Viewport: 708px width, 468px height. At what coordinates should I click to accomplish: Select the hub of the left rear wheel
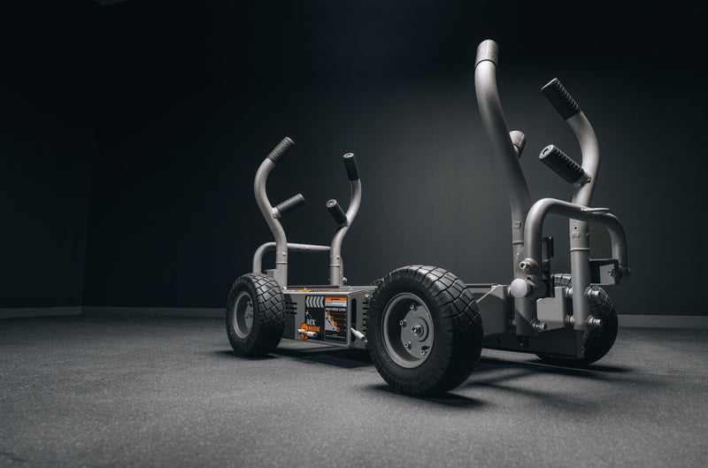click(242, 314)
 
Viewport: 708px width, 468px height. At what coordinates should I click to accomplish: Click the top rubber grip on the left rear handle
click(281, 149)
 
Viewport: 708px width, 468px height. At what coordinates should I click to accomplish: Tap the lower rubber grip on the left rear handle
click(289, 204)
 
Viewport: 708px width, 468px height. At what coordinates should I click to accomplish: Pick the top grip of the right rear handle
click(351, 166)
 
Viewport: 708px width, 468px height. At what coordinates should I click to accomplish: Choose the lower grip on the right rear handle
click(336, 211)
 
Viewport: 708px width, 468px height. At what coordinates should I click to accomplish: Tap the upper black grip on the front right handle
click(560, 98)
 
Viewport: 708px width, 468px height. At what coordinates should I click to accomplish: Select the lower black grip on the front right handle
click(562, 164)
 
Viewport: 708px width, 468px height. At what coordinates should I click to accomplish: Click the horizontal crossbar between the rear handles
click(305, 248)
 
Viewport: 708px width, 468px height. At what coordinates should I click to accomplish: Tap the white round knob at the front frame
click(519, 288)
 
